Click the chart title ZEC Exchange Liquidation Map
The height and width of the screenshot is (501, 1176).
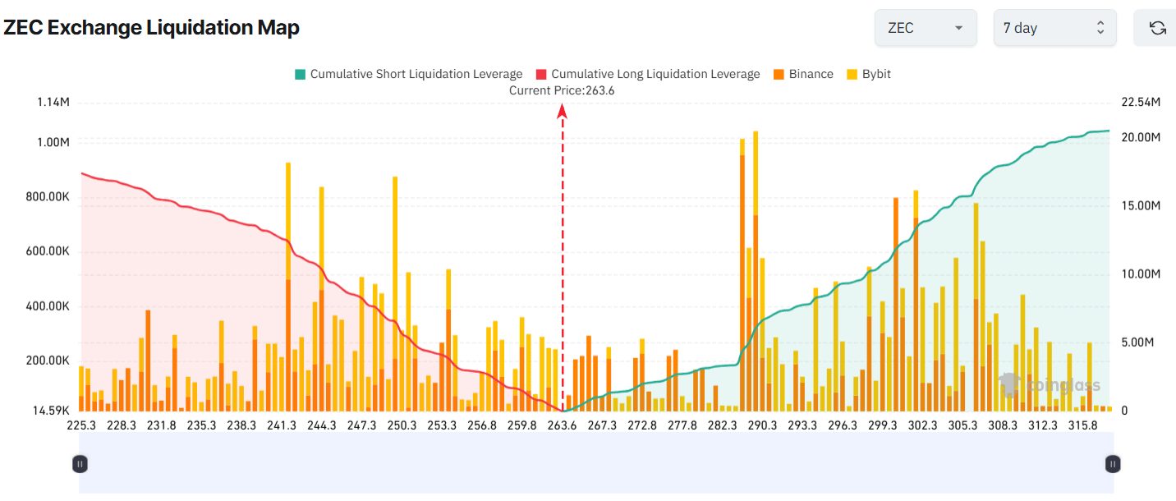(x=151, y=28)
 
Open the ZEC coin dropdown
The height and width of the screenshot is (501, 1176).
(x=925, y=28)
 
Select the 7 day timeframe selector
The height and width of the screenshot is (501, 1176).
(x=1054, y=28)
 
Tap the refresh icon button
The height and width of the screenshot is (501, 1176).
(x=1157, y=28)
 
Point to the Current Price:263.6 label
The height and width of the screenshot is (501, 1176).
(x=562, y=90)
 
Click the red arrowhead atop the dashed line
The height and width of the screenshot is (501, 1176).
(x=563, y=112)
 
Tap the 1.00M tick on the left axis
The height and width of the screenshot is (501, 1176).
(x=53, y=142)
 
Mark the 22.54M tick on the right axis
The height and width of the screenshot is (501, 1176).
(x=1141, y=102)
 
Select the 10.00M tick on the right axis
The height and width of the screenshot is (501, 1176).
(x=1141, y=273)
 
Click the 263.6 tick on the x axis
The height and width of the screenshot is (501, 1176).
(x=563, y=425)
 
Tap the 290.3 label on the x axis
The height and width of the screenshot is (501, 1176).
(x=763, y=425)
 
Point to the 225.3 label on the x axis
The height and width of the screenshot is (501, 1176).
(x=81, y=425)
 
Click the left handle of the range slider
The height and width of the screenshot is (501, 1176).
(x=80, y=464)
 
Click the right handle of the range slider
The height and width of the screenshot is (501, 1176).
(x=1113, y=464)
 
